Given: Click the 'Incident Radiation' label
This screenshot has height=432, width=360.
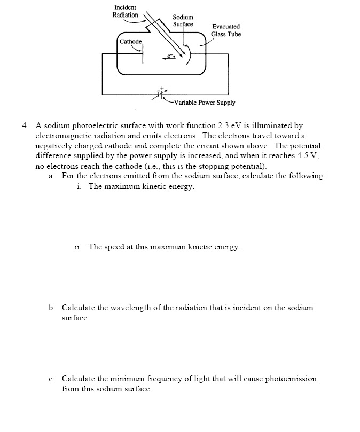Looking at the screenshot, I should click(125, 11).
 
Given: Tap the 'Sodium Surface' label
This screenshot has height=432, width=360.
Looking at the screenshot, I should click(183, 21).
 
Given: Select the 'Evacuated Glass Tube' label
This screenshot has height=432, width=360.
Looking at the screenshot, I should click(226, 30).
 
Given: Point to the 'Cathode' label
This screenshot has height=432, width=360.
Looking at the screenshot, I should click(130, 41).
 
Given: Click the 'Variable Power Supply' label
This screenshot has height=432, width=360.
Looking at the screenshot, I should click(204, 103).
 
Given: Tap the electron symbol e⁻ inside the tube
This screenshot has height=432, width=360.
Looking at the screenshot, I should click(171, 56).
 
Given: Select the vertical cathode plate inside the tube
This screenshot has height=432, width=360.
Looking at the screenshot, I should click(143, 54).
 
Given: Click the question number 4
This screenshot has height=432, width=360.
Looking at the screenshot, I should click(25, 126).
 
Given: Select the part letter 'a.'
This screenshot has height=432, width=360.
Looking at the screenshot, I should click(51, 176).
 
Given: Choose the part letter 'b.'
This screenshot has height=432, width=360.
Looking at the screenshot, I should click(52, 308).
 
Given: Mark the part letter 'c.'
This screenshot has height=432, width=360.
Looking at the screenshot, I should click(51, 379).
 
